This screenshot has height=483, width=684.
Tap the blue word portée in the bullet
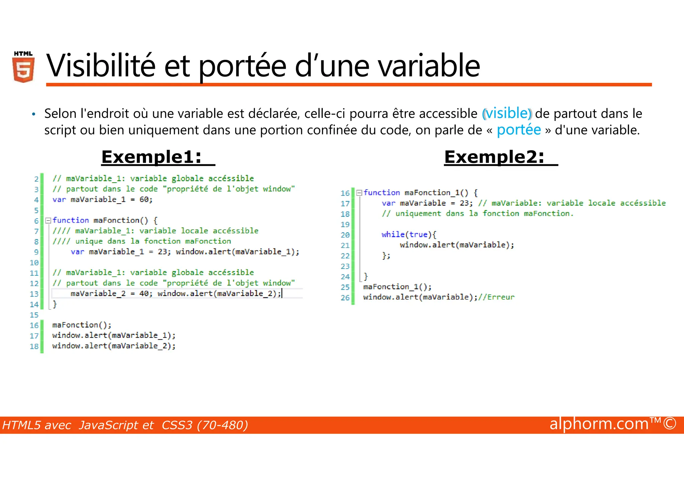pos(518,130)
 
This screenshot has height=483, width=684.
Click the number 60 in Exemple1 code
pos(144,200)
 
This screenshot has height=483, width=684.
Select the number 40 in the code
pos(144,293)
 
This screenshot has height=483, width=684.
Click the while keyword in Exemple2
pos(393,234)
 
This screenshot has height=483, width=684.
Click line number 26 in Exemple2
pos(345,297)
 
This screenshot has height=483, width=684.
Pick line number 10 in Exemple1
pos(34,262)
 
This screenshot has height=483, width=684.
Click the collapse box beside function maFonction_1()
pos(359,193)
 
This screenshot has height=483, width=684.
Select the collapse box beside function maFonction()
pos(48,220)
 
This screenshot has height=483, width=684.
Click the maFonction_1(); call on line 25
pos(397,287)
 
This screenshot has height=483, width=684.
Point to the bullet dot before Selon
pos(33,114)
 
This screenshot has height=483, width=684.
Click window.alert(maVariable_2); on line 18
pos(114,346)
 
